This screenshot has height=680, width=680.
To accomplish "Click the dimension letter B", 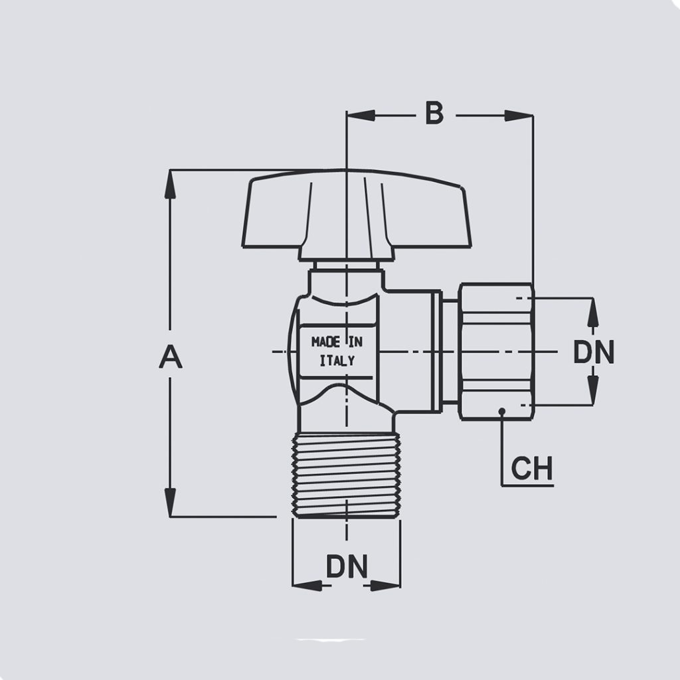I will pyautogui.click(x=434, y=114).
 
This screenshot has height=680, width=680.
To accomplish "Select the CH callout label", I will pyautogui.click(x=531, y=469).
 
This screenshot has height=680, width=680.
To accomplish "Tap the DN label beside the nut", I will pyautogui.click(x=594, y=353).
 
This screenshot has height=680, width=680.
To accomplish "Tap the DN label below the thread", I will pyautogui.click(x=346, y=567).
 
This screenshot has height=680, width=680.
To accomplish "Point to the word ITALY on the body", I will pyautogui.click(x=337, y=361).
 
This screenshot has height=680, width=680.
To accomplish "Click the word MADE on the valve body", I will pyautogui.click(x=326, y=342).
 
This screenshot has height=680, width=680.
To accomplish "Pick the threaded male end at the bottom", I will pyautogui.click(x=346, y=474).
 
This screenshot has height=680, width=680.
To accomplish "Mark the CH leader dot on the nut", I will pyautogui.click(x=503, y=411).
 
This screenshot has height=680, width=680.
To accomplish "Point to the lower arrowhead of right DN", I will pyautogui.click(x=594, y=391).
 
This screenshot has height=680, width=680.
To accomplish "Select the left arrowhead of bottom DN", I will pyautogui.click(x=306, y=585).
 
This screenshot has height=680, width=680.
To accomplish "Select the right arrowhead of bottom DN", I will pyautogui.click(x=386, y=585).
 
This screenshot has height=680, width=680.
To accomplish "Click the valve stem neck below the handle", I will pyautogui.click(x=347, y=266).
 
